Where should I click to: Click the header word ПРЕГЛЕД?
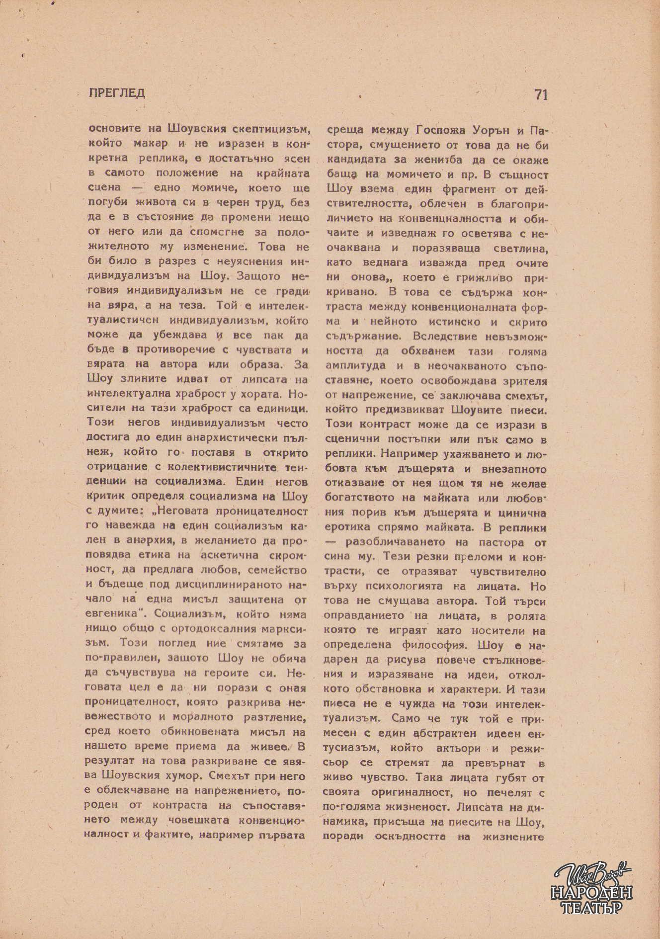click(x=117, y=93)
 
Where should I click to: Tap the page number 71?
click(x=541, y=94)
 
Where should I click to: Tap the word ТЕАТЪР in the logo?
click(x=592, y=908)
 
